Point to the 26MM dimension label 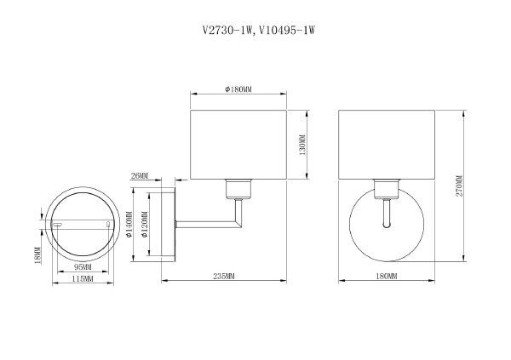(x=140, y=177)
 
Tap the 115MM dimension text (x=82, y=278)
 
